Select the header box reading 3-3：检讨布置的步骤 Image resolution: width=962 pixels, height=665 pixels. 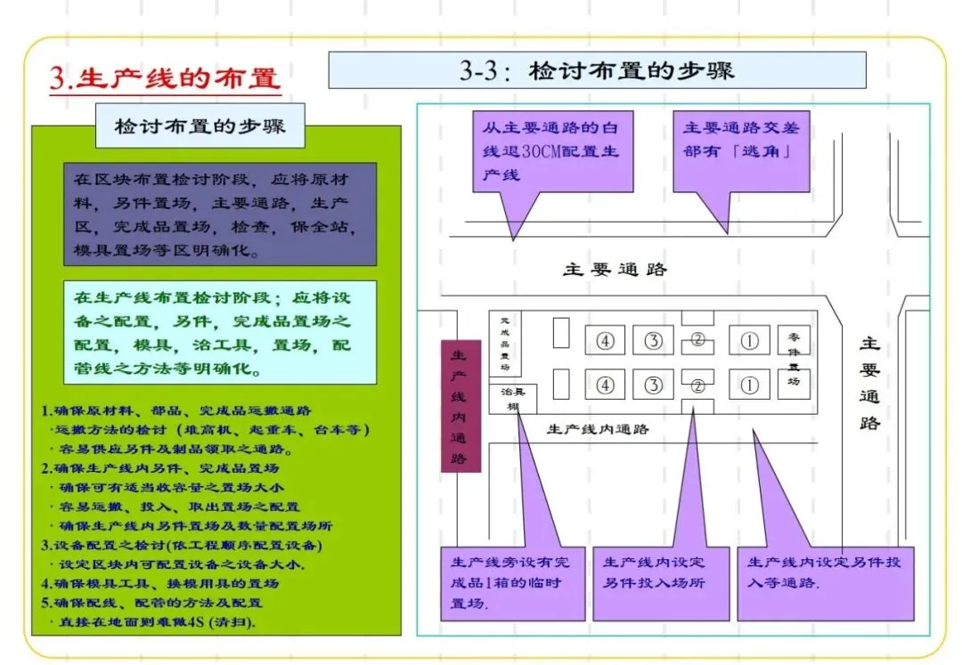[597, 70]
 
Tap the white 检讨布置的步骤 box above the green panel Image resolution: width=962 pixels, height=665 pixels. [200, 126]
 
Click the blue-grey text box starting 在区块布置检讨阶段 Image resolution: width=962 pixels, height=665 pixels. [219, 214]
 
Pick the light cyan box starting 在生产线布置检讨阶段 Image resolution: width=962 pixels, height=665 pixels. [219, 332]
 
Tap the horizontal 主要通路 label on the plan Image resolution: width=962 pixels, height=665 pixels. [615, 269]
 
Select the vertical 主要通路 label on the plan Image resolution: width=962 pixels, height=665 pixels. [870, 382]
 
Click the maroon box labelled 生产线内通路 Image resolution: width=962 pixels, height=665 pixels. [461, 405]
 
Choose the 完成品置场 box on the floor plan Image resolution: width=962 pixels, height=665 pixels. [505, 343]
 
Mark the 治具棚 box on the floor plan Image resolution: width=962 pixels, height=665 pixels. [512, 398]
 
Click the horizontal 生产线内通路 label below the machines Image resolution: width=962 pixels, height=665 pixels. [598, 429]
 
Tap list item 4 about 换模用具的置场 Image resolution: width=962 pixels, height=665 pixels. [160, 584]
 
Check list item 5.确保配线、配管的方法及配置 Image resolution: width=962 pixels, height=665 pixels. [152, 603]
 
